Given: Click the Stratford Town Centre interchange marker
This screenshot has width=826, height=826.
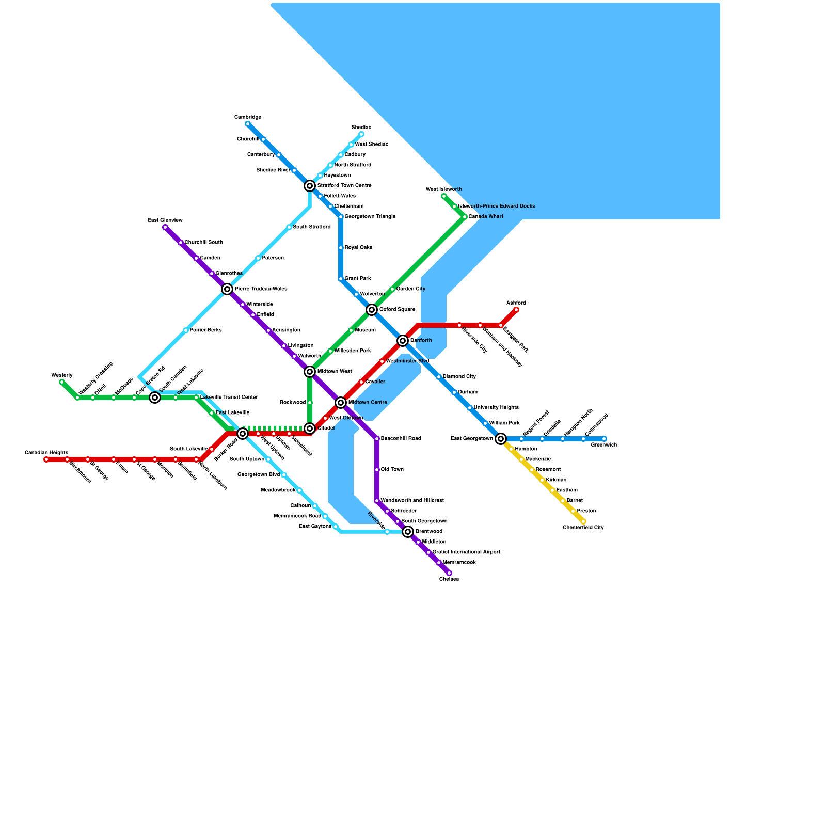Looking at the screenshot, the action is tap(310, 186).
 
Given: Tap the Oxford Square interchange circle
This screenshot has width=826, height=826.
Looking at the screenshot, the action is tap(372, 310).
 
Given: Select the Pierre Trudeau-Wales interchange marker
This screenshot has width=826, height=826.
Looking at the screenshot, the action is tap(227, 289).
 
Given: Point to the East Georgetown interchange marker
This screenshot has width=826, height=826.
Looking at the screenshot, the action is tap(501, 439).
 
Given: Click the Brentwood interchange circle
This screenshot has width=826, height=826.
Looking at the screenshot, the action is tap(408, 532).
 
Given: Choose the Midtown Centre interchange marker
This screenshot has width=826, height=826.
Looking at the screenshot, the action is tap(341, 403).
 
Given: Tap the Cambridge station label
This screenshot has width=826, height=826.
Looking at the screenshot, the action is tap(248, 117).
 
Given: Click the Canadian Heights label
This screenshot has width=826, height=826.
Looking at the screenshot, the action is tap(46, 453).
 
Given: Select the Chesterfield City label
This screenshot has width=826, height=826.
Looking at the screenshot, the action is tap(583, 528).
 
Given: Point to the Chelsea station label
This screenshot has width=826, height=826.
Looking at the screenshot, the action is tap(449, 579).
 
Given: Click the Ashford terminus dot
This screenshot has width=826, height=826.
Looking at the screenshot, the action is tap(516, 310).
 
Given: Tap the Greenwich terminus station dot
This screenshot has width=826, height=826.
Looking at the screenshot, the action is tap(604, 439).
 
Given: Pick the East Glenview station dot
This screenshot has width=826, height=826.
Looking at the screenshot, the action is tap(165, 227).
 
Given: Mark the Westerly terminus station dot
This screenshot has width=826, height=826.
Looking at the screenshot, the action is tap(62, 382).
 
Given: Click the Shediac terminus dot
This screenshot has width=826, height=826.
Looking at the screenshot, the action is tap(361, 134).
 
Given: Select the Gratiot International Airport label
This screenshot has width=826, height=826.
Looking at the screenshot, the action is tap(466, 552).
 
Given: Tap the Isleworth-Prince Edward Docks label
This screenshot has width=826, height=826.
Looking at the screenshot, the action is tap(497, 206).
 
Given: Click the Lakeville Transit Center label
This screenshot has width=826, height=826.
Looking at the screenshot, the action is tap(229, 398).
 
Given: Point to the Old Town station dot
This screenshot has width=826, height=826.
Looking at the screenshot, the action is tap(377, 470).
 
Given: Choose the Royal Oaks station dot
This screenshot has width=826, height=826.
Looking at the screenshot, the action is tap(341, 248).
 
